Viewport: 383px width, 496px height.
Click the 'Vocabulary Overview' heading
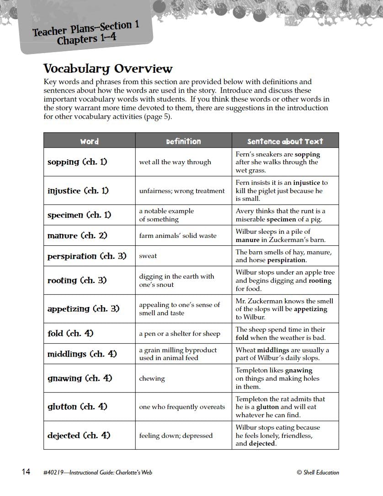[x=108, y=69]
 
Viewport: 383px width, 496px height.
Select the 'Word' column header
[x=89, y=141]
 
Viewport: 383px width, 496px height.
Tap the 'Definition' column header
[x=183, y=141]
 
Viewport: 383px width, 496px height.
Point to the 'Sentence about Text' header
[x=285, y=141]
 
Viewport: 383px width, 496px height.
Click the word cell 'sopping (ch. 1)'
[x=77, y=162]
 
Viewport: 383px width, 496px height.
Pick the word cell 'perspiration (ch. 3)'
[x=87, y=256]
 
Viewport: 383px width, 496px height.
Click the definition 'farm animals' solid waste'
[x=178, y=236]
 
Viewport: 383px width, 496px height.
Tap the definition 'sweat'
[x=148, y=256]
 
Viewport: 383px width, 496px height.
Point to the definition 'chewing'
[x=152, y=379]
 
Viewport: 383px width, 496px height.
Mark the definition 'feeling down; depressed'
[x=176, y=436]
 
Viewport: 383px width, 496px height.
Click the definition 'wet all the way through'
[x=175, y=162]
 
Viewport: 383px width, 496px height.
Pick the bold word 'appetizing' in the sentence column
[x=311, y=309]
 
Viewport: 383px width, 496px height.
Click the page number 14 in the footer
[x=26, y=472]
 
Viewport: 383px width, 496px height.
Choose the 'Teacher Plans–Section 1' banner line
[x=86, y=28]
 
